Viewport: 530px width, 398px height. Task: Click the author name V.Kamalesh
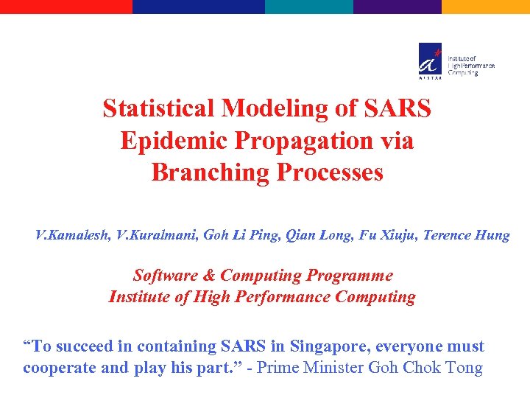(71, 236)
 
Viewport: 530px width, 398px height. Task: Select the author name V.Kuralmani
(155, 236)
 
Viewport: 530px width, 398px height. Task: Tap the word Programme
(350, 276)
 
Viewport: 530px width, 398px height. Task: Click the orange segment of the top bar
(486, 6)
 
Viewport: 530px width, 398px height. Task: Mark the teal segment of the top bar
(309, 6)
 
